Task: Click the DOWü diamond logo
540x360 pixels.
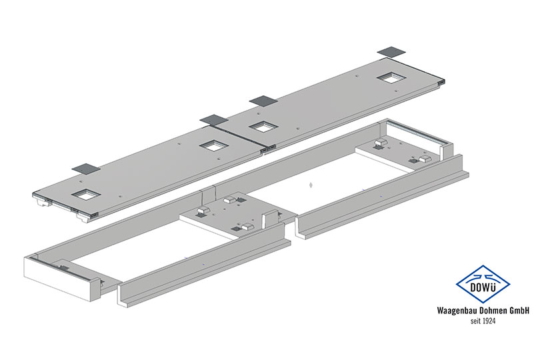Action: [x=483, y=284]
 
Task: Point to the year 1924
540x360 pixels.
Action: [x=489, y=321]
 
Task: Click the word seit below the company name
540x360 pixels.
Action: [x=475, y=321]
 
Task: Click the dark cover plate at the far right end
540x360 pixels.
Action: [x=391, y=52]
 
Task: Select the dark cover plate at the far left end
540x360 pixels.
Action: [x=86, y=169]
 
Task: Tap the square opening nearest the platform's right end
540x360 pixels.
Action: [x=391, y=78]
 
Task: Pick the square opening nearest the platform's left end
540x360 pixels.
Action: [x=86, y=194]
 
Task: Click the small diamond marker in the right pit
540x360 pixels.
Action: [x=311, y=185]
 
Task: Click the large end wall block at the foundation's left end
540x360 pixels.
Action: [x=60, y=279]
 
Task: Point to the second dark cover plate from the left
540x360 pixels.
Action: [x=214, y=119]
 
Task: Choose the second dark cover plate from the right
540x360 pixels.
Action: [x=263, y=101]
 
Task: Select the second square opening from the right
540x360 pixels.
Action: [x=263, y=127]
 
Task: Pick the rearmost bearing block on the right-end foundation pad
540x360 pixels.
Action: [x=381, y=142]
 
